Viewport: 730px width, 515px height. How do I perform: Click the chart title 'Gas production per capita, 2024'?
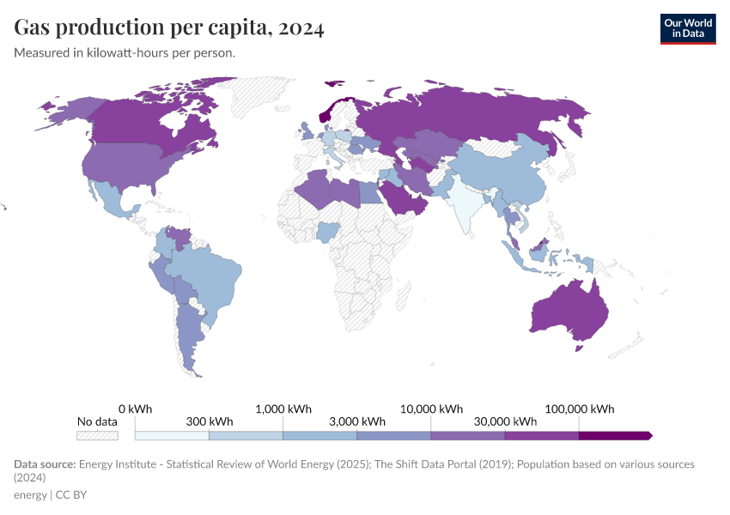(169, 28)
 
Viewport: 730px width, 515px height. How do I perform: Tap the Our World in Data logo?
(687, 28)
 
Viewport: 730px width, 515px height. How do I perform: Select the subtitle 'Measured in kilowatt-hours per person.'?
(125, 52)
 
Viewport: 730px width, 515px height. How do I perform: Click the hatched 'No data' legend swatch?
(97, 435)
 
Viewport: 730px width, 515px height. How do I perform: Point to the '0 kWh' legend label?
(135, 409)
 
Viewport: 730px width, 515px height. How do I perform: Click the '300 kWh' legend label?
(209, 421)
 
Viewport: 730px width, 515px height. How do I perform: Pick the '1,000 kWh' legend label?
(283, 409)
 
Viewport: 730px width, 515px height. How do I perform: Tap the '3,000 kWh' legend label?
(357, 421)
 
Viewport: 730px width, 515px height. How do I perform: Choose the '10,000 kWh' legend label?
(432, 409)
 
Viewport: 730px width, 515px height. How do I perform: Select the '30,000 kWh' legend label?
(505, 421)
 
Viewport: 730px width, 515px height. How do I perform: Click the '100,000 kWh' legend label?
(580, 409)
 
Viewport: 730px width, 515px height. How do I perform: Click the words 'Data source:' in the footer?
(44, 464)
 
